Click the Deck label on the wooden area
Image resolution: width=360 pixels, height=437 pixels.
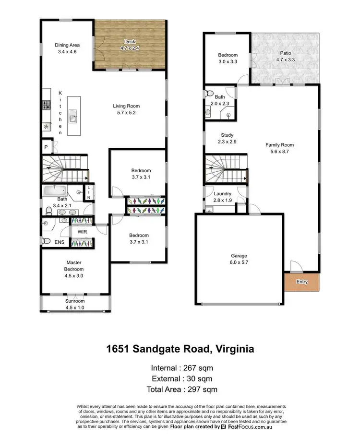click(x=129, y=42)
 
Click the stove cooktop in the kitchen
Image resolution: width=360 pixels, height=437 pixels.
click(x=47, y=104)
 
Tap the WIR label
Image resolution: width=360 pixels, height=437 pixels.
click(x=82, y=232)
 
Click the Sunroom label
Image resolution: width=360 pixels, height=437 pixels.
click(x=74, y=301)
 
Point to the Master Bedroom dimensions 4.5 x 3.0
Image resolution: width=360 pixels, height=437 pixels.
click(x=74, y=276)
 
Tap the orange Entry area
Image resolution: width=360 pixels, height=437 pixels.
click(x=301, y=282)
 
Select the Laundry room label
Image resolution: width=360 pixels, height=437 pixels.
click(x=222, y=194)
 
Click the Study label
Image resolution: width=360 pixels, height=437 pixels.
click(x=227, y=135)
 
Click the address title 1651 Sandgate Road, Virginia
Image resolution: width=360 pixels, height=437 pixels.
click(x=180, y=348)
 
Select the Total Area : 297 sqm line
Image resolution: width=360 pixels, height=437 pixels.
click(x=180, y=389)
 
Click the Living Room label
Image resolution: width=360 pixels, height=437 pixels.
click(x=126, y=106)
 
